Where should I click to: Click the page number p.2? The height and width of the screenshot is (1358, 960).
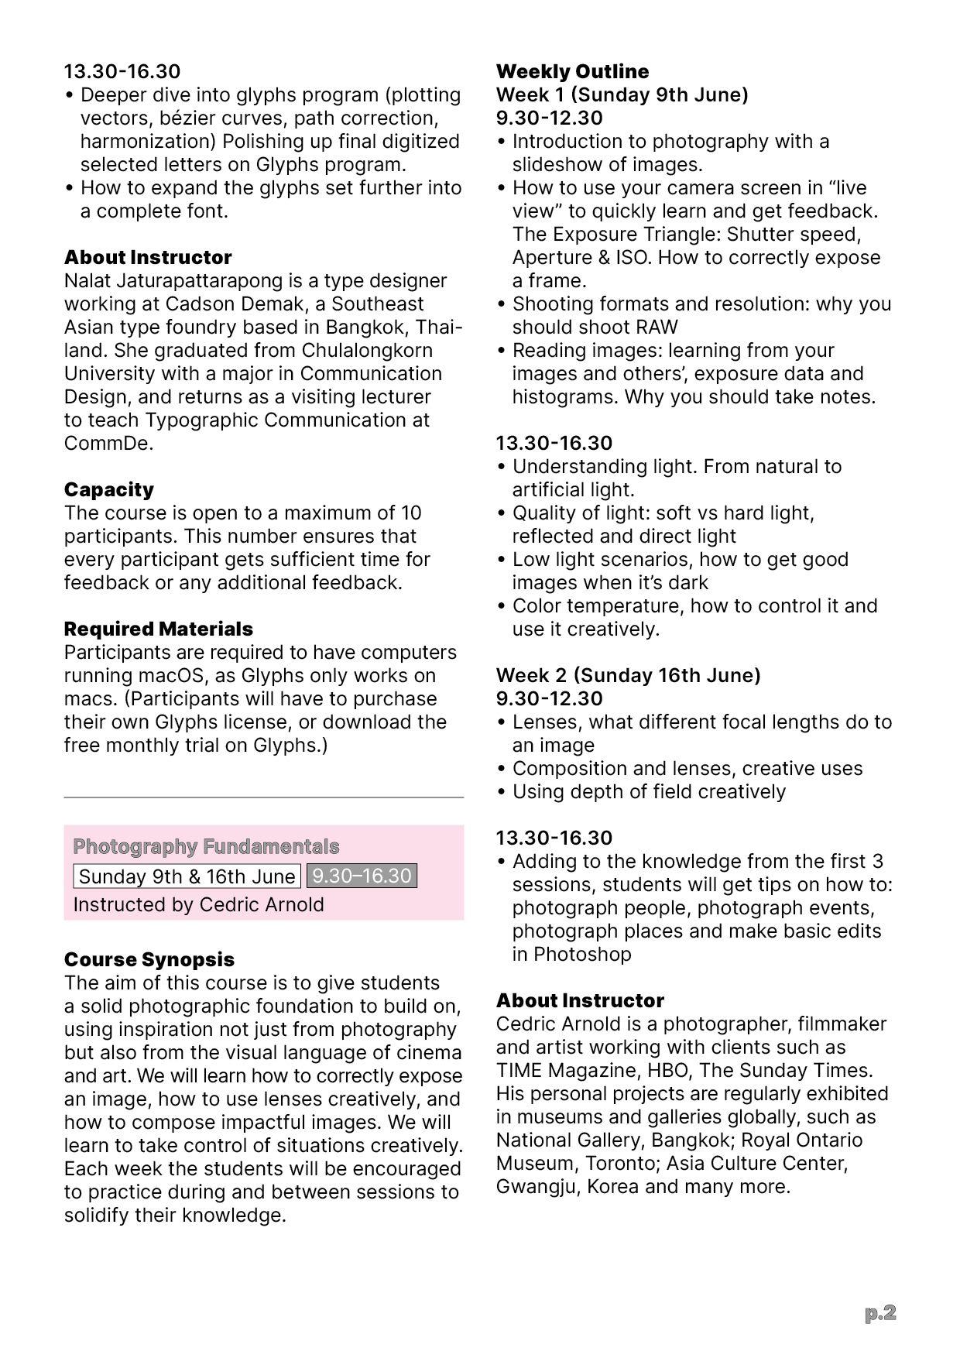[x=880, y=1312]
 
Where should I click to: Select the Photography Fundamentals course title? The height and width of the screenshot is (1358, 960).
[x=206, y=846]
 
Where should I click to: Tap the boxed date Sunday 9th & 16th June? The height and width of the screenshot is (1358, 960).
[x=187, y=876]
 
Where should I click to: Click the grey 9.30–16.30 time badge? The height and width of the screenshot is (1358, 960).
[x=362, y=876]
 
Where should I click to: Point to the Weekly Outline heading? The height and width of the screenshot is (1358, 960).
[x=572, y=71]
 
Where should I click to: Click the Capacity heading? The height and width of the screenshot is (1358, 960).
[x=108, y=489]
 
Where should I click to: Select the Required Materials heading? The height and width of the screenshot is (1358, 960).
[x=158, y=629]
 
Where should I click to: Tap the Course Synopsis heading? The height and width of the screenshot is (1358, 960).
[x=149, y=959]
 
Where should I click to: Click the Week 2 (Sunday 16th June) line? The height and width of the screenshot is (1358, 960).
[x=628, y=675]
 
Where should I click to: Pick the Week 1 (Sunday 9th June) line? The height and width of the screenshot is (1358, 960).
[x=622, y=94]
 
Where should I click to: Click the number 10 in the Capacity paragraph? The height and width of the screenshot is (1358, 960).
[x=410, y=513]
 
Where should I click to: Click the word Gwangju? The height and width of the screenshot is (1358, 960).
[x=537, y=1186]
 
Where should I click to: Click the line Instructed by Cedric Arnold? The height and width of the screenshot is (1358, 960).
[x=198, y=904]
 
